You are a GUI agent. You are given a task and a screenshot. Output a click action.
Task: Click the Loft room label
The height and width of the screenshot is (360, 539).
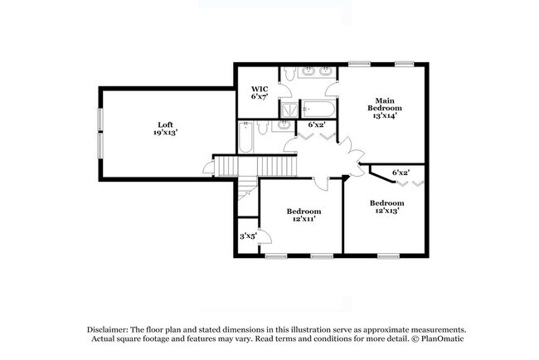(x=165, y=124)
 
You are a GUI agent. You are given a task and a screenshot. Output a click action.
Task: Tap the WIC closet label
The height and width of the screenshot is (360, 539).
(x=260, y=90)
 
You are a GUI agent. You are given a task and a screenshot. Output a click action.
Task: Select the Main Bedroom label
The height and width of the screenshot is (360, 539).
(x=385, y=105)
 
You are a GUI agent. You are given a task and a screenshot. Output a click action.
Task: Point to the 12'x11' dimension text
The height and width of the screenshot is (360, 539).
(x=304, y=219)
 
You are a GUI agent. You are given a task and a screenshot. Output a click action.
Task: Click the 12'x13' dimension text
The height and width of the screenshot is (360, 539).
(x=387, y=211)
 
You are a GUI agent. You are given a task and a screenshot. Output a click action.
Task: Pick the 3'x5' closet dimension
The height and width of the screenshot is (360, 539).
(x=248, y=236)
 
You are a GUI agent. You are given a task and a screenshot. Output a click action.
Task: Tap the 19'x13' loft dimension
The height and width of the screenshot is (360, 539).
(x=165, y=133)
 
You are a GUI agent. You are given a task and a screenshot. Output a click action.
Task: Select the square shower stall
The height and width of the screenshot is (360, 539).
(x=289, y=109)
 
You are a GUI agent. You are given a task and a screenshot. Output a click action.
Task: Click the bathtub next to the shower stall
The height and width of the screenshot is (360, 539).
(x=318, y=109)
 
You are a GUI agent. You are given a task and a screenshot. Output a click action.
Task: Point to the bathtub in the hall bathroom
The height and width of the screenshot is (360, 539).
(x=245, y=137)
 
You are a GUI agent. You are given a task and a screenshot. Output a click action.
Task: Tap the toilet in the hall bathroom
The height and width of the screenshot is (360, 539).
(x=263, y=128)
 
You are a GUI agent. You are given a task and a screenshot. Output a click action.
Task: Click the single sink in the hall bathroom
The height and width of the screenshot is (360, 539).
(x=284, y=126)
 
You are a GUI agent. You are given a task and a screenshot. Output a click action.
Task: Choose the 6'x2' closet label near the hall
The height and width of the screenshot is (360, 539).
(x=316, y=124)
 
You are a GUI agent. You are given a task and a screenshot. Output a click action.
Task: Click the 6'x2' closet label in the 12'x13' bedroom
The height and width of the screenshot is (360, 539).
(x=401, y=173)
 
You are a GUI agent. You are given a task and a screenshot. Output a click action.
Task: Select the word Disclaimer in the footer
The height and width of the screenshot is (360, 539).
(x=108, y=329)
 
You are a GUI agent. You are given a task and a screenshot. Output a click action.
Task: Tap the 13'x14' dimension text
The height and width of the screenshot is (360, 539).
(x=385, y=116)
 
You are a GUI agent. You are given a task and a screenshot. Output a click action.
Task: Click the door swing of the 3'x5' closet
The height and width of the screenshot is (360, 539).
(x=265, y=236)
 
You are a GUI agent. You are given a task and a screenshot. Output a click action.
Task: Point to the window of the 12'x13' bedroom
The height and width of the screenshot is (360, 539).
(x=388, y=255)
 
